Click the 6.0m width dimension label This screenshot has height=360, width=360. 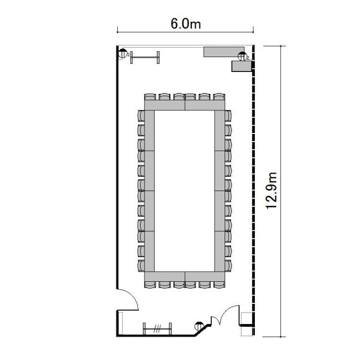point(185,24)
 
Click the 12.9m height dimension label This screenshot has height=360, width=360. point(272,191)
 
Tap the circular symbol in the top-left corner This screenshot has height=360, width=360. point(123,54)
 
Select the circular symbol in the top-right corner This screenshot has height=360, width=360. point(242,57)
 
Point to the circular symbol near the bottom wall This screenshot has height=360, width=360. point(199,326)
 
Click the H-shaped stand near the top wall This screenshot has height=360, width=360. point(145,58)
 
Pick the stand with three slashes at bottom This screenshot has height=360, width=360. point(157,329)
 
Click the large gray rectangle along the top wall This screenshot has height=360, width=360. point(224,52)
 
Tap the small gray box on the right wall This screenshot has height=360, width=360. point(241,66)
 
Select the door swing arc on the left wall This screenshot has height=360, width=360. point(132,296)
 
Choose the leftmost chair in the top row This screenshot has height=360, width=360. point(150,96)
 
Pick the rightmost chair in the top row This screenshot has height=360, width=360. point(219,96)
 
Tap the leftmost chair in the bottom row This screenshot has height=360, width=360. point(150,285)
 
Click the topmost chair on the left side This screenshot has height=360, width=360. point(141,116)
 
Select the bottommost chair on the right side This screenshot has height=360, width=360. point(228,266)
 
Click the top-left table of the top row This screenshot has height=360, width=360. point(165,105)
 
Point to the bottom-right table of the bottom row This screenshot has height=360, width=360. point(205,276)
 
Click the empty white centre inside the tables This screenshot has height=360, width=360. point(184,191)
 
